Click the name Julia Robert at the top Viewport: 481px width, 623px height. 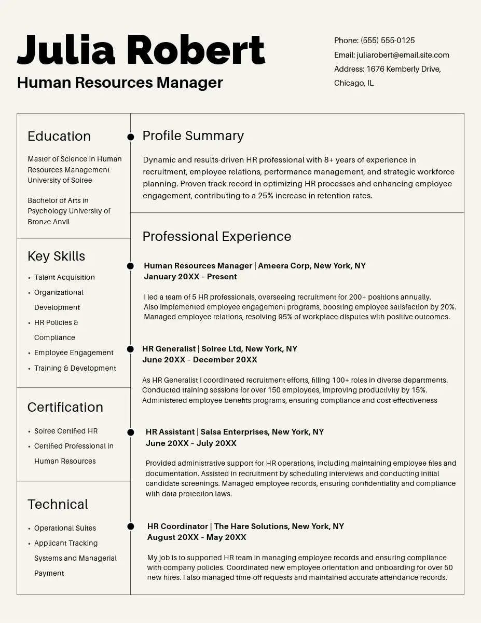point(141,50)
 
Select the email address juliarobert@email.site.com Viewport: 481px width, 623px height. point(403,55)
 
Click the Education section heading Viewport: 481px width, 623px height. point(59,136)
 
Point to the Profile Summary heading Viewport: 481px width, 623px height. point(193,136)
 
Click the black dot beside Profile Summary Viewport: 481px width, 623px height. point(131,137)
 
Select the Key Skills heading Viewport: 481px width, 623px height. point(56,256)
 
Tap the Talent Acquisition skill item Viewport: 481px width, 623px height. point(64,277)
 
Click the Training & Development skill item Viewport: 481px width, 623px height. point(75,368)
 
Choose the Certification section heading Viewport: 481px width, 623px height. point(65,407)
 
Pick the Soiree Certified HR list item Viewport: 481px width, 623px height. point(66,431)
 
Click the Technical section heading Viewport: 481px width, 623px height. point(58,504)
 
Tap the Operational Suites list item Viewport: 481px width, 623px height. point(65,528)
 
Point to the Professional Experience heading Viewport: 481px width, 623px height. point(217,236)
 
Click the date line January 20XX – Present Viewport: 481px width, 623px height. point(190,277)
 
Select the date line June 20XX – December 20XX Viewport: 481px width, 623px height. point(200,360)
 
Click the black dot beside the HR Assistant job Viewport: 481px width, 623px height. point(131,432)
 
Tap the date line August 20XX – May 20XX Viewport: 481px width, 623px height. point(197,537)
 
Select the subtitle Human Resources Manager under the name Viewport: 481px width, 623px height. point(120,83)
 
